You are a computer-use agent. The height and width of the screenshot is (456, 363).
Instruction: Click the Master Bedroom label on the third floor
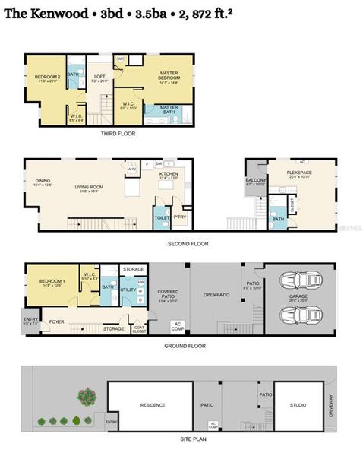click(x=169, y=76)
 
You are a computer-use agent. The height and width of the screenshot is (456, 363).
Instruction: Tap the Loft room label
click(x=99, y=75)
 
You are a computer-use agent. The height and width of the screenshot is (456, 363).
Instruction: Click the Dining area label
click(x=43, y=182)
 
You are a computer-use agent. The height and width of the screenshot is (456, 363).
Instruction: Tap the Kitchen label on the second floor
click(x=168, y=174)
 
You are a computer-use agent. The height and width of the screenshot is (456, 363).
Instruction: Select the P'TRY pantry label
click(x=179, y=217)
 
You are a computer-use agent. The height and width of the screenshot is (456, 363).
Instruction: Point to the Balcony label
click(x=255, y=180)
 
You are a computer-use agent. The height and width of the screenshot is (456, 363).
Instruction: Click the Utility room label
click(x=128, y=290)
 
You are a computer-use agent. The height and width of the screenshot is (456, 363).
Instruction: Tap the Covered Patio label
click(x=168, y=293)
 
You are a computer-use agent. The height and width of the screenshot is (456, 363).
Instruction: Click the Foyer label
click(x=57, y=321)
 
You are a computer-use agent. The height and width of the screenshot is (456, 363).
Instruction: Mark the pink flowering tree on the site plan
click(x=85, y=397)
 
